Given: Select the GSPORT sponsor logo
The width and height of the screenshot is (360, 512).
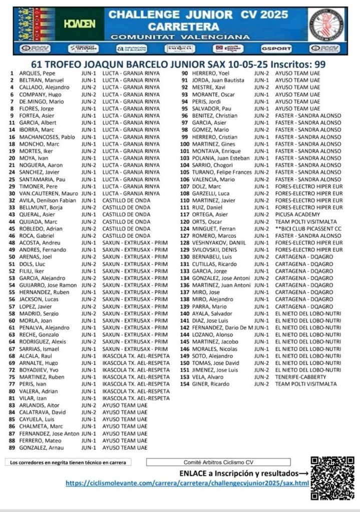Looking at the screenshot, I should coord(273,49).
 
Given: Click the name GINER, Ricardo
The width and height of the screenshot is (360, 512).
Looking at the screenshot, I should coord(209,384).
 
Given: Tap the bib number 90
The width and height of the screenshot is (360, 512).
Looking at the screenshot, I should coord(184,73).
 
